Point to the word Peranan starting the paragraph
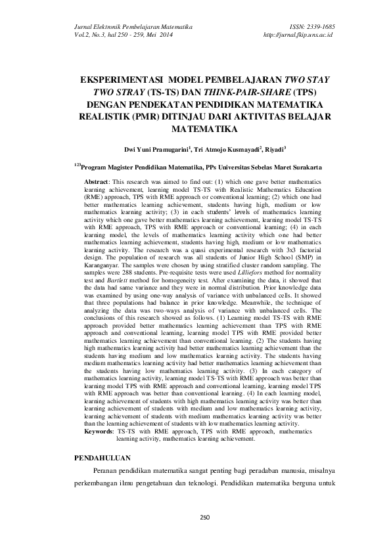click(x=107, y=472)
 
